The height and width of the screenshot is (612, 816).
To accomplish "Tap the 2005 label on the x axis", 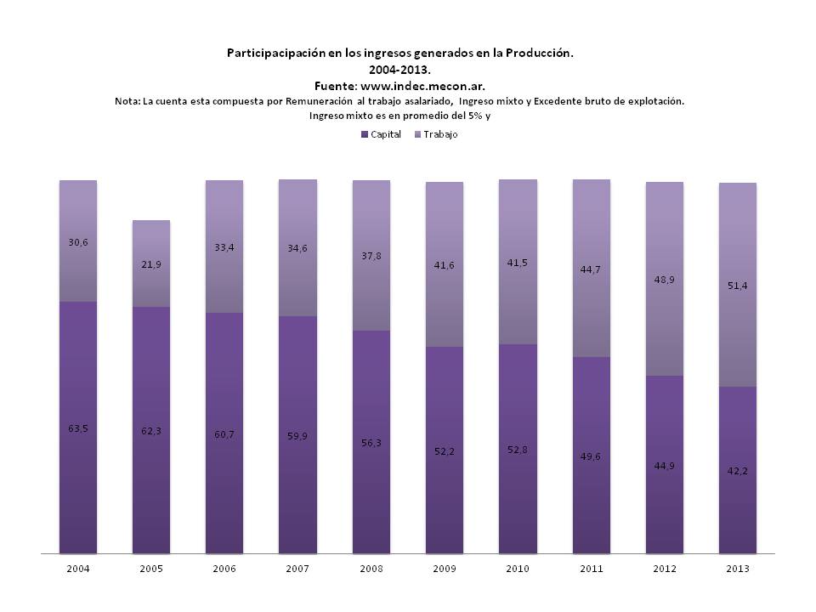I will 151,569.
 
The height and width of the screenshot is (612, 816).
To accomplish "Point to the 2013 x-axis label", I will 738,569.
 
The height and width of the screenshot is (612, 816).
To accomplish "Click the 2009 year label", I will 445,569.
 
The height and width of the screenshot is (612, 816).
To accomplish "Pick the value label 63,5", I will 78,428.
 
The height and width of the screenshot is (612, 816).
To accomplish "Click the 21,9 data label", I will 151,265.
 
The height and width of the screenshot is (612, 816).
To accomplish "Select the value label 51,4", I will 738,286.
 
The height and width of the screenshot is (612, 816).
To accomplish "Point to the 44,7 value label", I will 591,270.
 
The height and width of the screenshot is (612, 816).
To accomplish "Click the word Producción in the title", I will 538,53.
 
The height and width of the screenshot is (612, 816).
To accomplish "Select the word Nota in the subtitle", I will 127,101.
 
